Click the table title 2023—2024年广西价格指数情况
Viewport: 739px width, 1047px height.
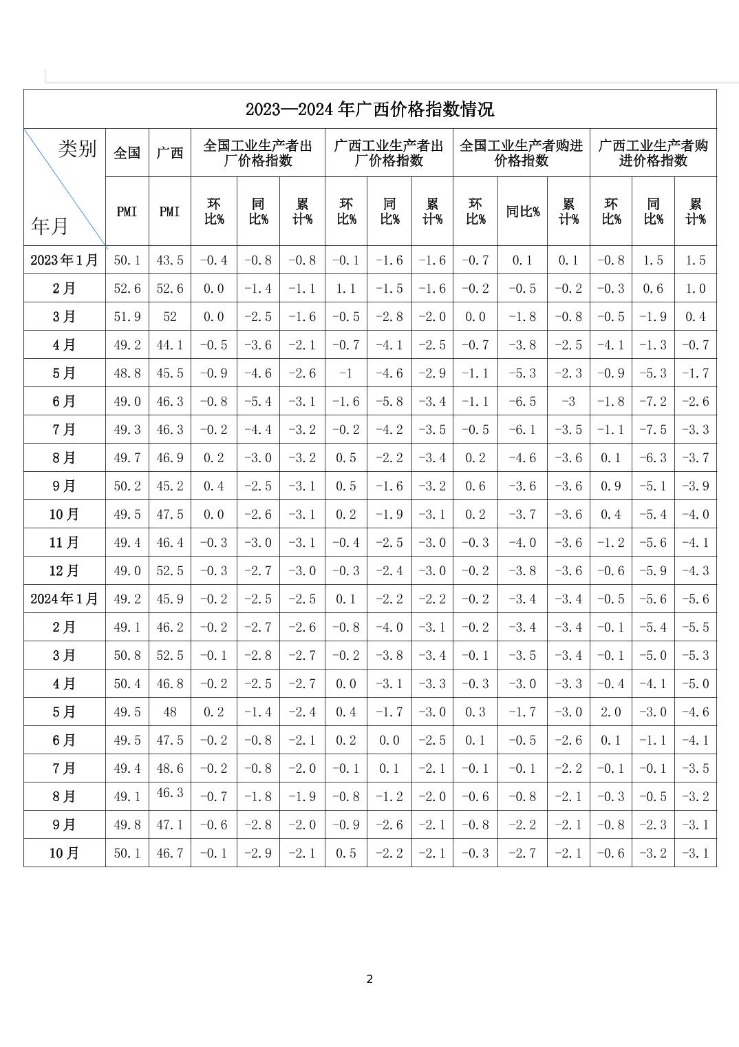point(369,110)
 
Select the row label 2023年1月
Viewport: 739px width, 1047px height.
point(64,260)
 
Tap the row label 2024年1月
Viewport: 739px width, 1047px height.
point(64,599)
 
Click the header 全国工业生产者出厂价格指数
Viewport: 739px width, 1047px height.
point(257,153)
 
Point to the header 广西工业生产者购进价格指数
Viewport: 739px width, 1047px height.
point(653,153)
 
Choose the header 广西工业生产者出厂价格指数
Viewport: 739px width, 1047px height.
point(389,153)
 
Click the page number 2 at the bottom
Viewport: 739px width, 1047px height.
point(369,979)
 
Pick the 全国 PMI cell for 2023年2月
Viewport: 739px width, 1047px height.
point(127,289)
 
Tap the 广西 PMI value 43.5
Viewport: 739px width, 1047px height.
point(170,260)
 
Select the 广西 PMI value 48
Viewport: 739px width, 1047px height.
point(170,712)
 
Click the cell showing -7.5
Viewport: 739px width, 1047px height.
point(653,430)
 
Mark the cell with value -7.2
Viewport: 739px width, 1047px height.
point(653,402)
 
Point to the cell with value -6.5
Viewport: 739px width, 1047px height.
point(522,402)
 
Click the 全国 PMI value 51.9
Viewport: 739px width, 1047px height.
point(127,317)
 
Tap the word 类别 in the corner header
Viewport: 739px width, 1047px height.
point(77,148)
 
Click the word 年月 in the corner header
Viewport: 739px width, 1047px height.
point(50,225)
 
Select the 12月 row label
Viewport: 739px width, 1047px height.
point(64,571)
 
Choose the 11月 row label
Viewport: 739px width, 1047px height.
point(64,543)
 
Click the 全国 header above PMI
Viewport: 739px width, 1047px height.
point(127,153)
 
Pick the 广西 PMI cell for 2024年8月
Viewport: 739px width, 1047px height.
point(170,793)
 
